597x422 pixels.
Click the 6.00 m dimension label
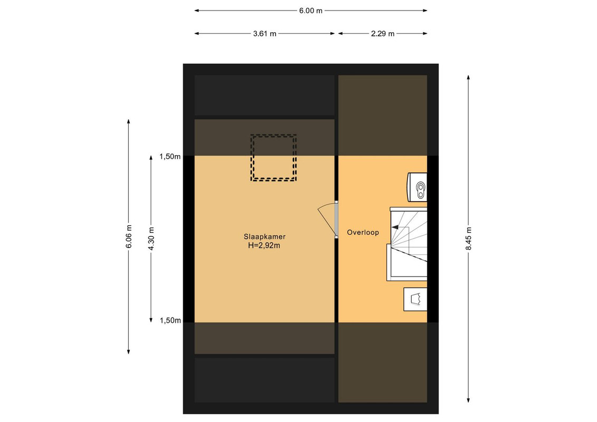click(311, 11)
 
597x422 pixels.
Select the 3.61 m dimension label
click(264, 33)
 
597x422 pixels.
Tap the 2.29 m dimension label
click(383, 33)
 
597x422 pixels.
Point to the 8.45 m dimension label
click(468, 238)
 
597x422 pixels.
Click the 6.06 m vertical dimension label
click(129, 236)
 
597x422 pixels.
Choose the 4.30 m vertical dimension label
click(151, 238)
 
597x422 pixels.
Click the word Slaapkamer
click(264, 236)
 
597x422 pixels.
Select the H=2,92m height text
click(264, 245)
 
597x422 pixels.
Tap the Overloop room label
click(363, 232)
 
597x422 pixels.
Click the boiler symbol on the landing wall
click(418, 187)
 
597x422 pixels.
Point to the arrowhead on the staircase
click(395, 227)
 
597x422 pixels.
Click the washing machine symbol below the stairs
click(415, 299)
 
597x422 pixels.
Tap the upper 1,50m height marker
click(170, 156)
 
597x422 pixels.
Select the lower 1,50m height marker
click(170, 320)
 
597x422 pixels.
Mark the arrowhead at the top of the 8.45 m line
click(468, 77)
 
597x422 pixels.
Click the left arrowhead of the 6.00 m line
click(197, 11)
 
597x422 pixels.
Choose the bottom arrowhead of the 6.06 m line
click(129, 352)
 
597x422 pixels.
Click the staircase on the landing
click(407, 244)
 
